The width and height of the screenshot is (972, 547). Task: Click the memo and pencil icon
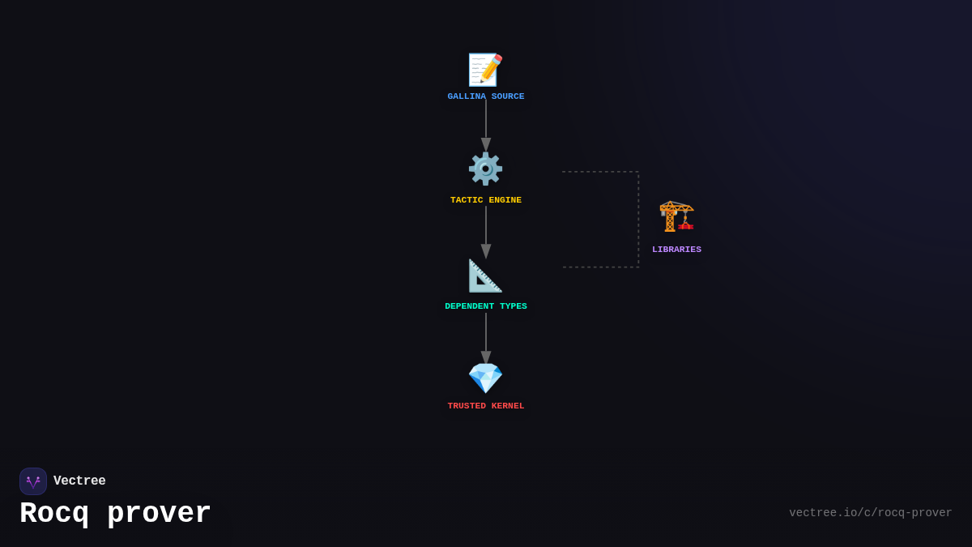click(x=485, y=70)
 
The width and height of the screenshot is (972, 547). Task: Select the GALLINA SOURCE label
click(x=486, y=96)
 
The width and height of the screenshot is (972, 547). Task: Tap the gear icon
click(x=485, y=169)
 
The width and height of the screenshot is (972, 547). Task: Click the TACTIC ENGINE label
click(x=486, y=200)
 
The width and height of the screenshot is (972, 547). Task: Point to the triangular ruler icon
click(x=485, y=276)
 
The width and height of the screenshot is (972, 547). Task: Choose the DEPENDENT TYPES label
click(x=486, y=306)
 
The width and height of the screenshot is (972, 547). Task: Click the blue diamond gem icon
click(x=485, y=378)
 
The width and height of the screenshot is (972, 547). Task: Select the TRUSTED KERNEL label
click(x=486, y=406)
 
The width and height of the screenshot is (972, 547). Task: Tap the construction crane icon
click(x=676, y=216)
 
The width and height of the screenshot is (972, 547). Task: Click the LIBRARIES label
click(x=676, y=250)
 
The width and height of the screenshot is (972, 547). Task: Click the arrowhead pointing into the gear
click(x=486, y=144)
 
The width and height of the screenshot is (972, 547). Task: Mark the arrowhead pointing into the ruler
click(x=486, y=251)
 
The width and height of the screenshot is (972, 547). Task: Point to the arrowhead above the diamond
click(x=486, y=357)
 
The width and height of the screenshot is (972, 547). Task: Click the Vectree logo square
click(x=33, y=481)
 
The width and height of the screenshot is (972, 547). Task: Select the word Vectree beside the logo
click(x=79, y=481)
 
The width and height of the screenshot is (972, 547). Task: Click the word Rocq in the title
click(x=54, y=513)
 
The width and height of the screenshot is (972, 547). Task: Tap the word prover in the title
click(x=159, y=514)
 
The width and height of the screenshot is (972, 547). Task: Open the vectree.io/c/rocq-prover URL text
click(x=871, y=513)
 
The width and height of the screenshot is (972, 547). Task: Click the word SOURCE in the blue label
click(x=508, y=96)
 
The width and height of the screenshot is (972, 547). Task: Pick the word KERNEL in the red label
click(x=508, y=406)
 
